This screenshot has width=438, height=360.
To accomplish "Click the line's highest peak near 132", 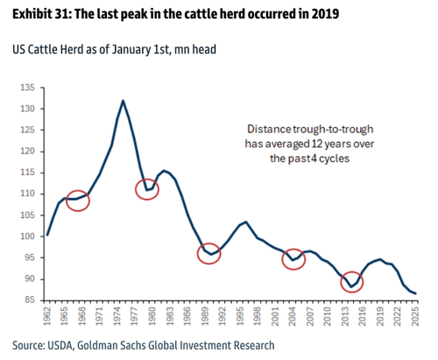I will click(123, 101).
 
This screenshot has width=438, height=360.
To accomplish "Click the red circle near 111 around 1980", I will click(147, 187).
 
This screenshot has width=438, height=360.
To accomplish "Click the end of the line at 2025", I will click(415, 293).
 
